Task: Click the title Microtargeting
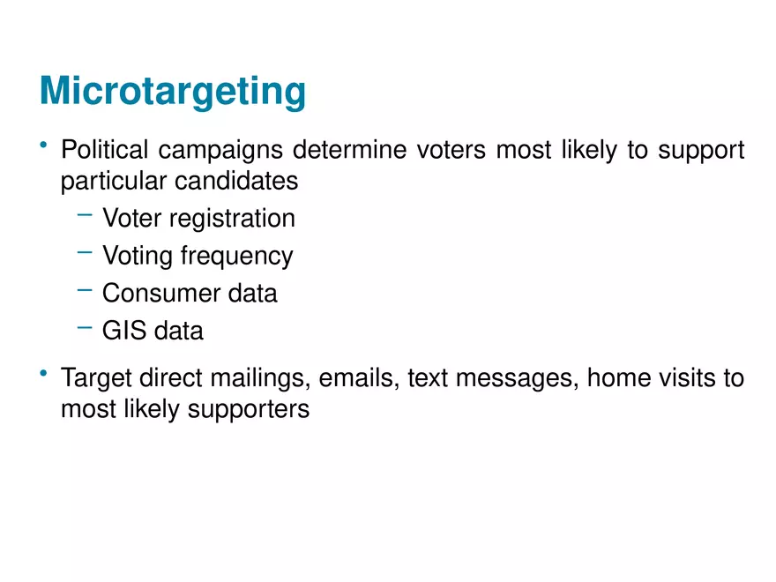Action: (173, 92)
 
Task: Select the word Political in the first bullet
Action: (104, 149)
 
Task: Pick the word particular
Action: (114, 182)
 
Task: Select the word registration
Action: (232, 220)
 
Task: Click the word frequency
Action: (236, 257)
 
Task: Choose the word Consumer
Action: (160, 293)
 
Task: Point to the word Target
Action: (97, 378)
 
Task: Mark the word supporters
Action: (249, 410)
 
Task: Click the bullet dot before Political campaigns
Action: (43, 145)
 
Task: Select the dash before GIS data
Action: (85, 327)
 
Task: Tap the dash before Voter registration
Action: (85, 215)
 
